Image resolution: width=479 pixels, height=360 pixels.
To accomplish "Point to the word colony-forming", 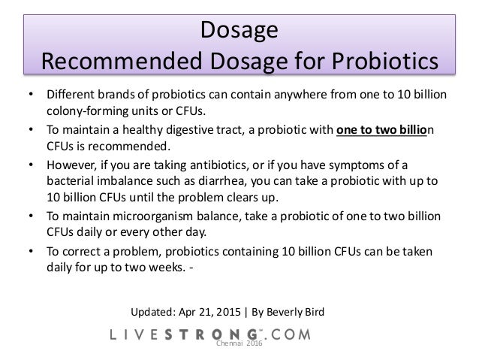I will point(86,110).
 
